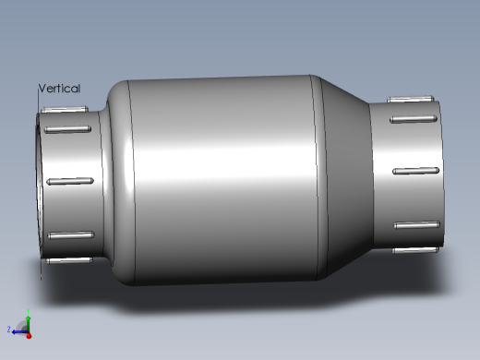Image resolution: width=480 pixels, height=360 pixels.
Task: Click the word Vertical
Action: coord(59,89)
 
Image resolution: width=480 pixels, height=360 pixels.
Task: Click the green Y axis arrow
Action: coord(29,318)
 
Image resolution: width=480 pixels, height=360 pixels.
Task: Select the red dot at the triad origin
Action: coord(29,333)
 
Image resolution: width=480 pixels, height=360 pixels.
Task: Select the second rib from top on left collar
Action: coord(70,131)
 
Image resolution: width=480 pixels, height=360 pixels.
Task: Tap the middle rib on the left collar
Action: coord(72,181)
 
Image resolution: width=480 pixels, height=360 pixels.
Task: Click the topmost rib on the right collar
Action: coord(411,99)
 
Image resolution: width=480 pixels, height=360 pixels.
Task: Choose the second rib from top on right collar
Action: coord(413,118)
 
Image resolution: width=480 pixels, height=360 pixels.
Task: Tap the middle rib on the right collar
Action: coord(414,172)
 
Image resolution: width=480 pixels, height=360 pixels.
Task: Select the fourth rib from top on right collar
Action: coord(414,225)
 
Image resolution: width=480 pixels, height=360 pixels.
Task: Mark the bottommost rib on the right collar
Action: coord(413,249)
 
